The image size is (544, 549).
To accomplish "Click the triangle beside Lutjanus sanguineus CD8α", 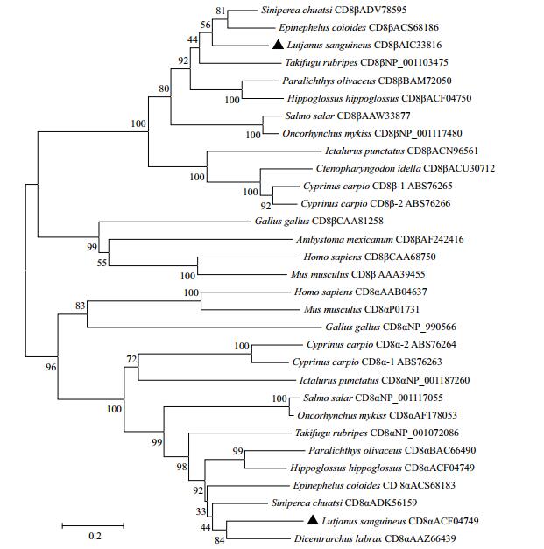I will [x=312, y=520].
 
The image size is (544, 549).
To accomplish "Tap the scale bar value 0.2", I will [x=95, y=536].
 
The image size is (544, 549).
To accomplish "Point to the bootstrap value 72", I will [x=131, y=359].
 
